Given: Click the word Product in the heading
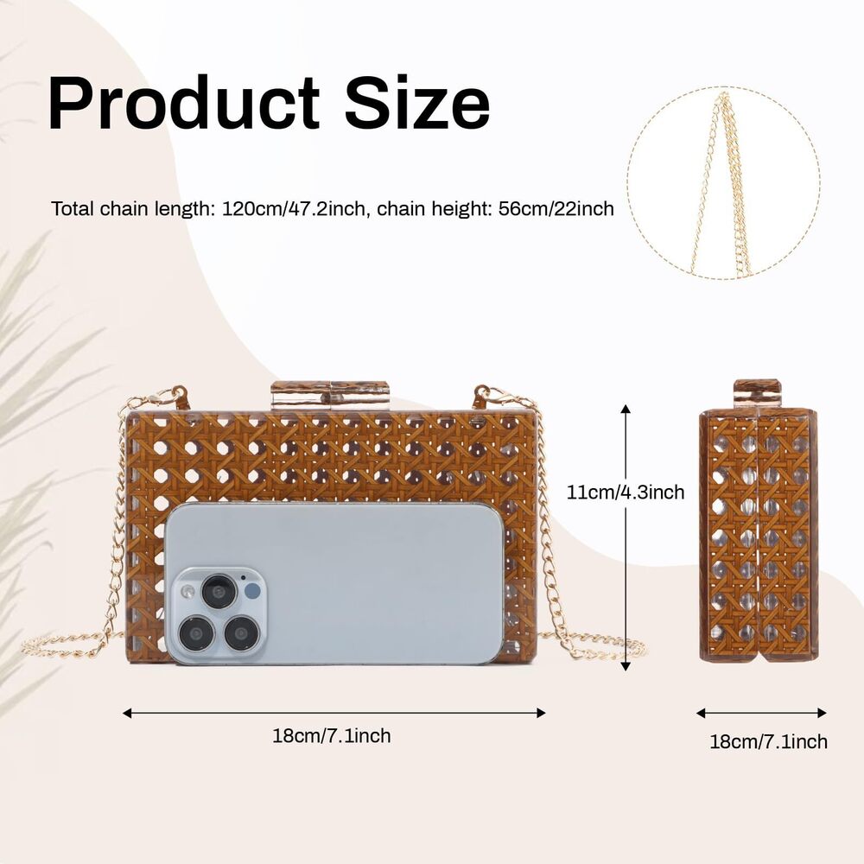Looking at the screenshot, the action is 184,103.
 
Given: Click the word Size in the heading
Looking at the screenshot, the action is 417,103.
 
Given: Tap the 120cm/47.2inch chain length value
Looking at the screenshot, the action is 294,209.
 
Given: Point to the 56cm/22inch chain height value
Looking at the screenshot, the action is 556,209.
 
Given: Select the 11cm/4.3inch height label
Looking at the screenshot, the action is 626,492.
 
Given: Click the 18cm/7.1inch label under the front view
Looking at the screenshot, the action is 332,735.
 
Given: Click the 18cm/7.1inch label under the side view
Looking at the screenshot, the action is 768,741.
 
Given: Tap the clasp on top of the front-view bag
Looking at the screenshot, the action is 330,395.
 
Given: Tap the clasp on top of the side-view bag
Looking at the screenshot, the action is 758,393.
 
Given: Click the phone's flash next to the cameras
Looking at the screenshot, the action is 188,592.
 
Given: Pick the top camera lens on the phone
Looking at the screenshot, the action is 219,591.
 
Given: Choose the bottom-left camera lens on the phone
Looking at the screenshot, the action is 195,632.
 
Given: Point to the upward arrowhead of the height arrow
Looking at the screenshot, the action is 626,409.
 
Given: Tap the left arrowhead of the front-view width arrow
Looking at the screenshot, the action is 127,713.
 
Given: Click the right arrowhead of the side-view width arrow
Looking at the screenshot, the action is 823,713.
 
